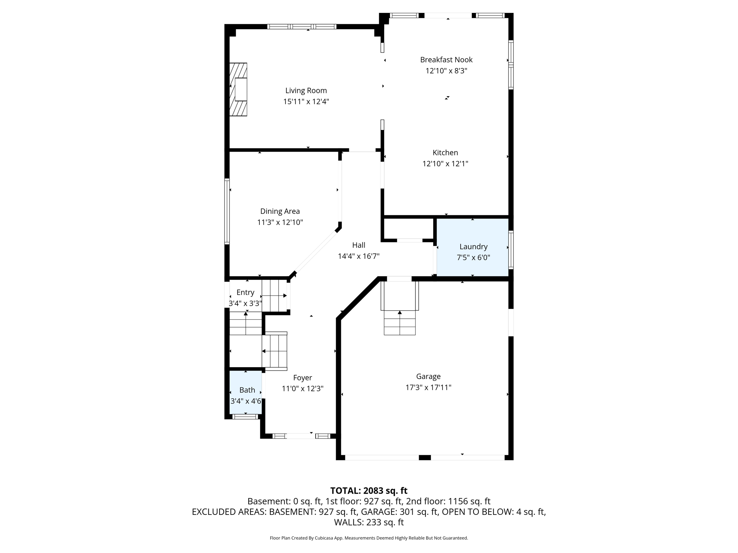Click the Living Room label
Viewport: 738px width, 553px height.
click(306, 91)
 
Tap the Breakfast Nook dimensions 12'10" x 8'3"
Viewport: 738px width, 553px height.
click(446, 71)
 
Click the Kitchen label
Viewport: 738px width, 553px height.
click(445, 153)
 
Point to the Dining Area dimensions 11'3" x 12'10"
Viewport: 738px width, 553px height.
click(280, 222)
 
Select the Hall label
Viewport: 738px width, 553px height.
click(359, 245)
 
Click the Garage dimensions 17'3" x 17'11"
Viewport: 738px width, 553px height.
click(428, 388)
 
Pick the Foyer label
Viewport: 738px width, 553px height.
click(302, 378)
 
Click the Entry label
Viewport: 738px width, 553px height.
click(245, 292)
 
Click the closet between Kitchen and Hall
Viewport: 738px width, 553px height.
click(408, 228)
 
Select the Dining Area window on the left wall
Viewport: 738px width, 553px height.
click(227, 211)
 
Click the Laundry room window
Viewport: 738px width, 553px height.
click(511, 250)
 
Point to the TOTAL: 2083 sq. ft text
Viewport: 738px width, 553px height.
click(369, 491)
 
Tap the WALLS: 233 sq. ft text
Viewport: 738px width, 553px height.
click(369, 522)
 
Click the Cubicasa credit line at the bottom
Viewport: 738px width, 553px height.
click(369, 538)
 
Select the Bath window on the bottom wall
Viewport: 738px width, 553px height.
click(245, 417)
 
